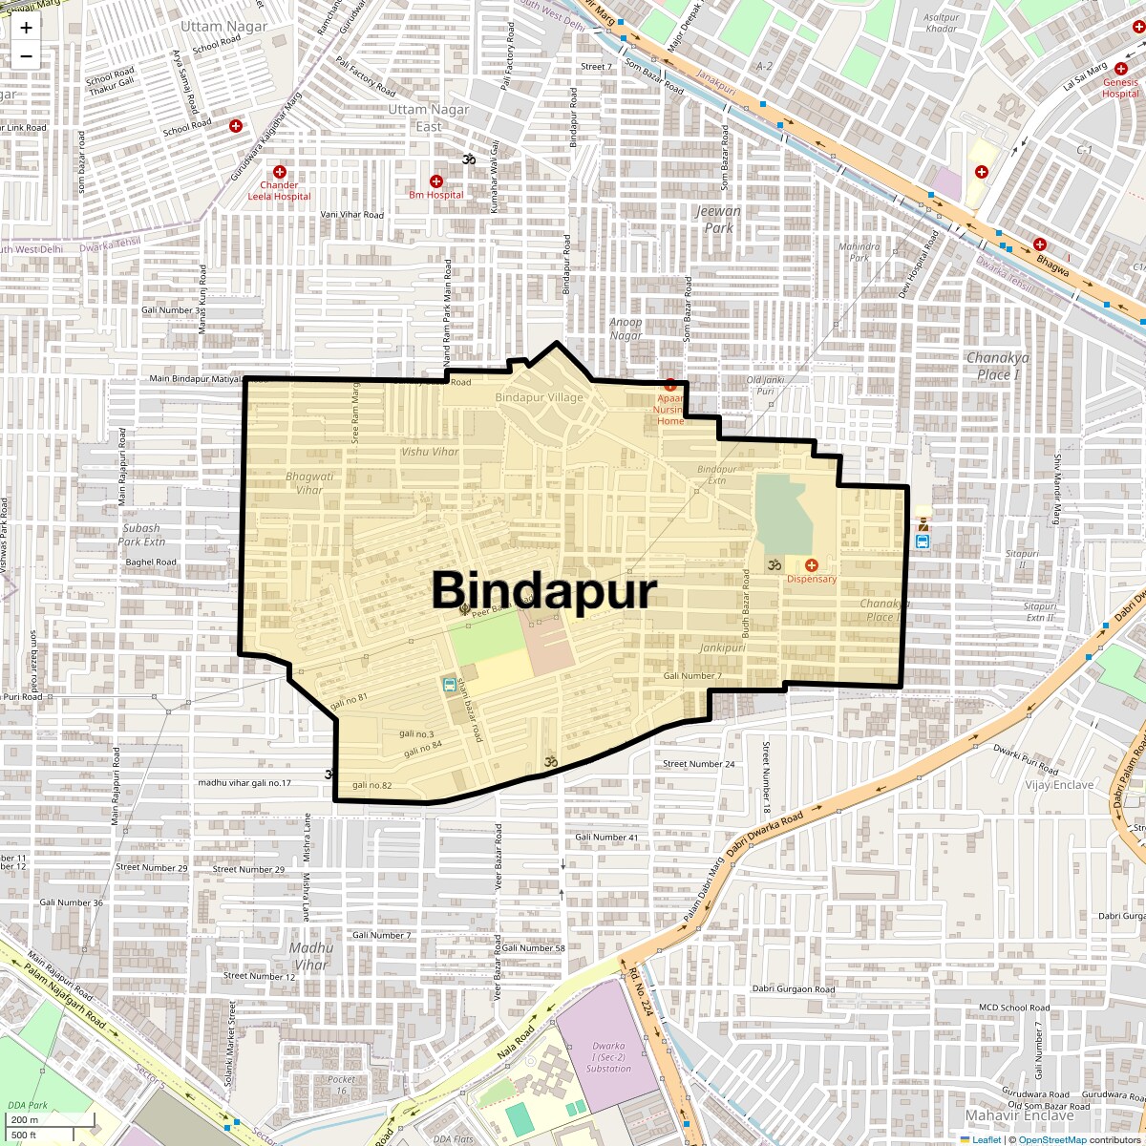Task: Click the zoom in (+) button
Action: [x=26, y=28]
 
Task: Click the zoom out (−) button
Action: [x=26, y=56]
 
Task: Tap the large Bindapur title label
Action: [x=544, y=590]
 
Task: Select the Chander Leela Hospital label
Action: [x=279, y=191]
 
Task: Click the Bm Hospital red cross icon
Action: [x=436, y=181]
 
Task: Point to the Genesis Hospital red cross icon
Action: [x=1121, y=68]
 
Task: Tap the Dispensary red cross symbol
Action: [x=811, y=565]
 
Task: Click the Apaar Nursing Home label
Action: [x=670, y=410]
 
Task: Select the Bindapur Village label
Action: [x=539, y=397]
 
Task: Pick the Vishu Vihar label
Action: [x=430, y=452]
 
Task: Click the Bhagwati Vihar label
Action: [x=309, y=483]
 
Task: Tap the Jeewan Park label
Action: [x=718, y=220]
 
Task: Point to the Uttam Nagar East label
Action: [x=429, y=117]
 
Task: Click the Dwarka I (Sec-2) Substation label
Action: [x=608, y=1057]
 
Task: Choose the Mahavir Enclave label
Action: [x=1019, y=1114]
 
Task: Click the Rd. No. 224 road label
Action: [x=641, y=991]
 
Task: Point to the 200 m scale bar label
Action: [x=26, y=1120]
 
